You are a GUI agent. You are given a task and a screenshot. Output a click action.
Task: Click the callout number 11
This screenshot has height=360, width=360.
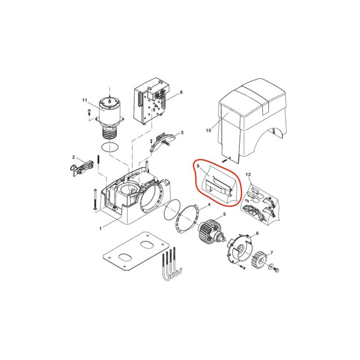[85, 100]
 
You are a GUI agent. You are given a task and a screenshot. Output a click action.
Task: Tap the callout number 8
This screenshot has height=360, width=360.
[181, 92]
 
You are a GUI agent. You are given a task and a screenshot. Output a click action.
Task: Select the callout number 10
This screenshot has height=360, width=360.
[208, 130]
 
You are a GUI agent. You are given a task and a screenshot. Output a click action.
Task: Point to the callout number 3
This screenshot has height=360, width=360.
[182, 132]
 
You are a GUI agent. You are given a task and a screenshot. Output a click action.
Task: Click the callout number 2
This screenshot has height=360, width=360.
[73, 157]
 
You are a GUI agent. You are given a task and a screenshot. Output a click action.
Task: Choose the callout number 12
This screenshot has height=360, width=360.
[248, 175]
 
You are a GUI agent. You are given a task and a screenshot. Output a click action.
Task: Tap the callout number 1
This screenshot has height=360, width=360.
[100, 229]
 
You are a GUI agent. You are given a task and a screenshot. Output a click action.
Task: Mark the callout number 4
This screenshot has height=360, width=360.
[209, 204]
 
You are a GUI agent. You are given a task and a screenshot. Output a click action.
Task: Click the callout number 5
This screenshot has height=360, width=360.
[225, 214]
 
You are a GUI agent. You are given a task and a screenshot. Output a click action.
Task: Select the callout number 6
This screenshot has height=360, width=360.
[257, 233]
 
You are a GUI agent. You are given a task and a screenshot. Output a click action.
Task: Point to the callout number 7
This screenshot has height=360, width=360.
[272, 253]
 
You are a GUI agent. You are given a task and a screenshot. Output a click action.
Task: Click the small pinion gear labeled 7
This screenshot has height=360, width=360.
[260, 260]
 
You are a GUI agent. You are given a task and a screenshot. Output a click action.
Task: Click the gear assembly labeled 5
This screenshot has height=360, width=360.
[210, 232]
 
